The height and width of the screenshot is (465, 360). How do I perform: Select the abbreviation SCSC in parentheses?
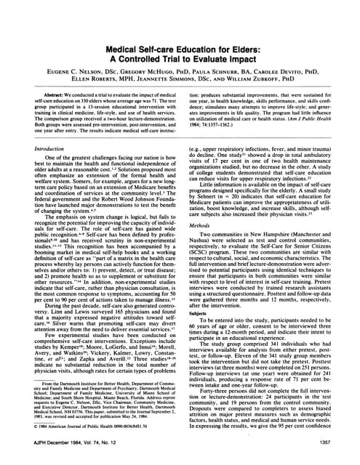pos(212,275)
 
